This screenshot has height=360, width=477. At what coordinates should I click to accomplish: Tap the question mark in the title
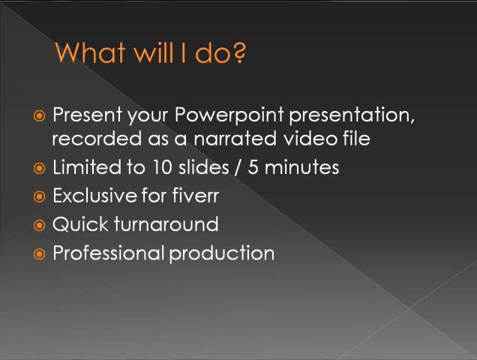click(x=239, y=53)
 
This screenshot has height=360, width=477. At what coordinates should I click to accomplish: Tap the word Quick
click(x=76, y=224)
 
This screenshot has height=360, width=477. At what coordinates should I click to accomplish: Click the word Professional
click(x=108, y=253)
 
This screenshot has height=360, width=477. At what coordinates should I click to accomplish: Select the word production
click(x=222, y=253)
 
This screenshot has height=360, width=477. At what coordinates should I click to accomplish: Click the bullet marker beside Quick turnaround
click(x=40, y=225)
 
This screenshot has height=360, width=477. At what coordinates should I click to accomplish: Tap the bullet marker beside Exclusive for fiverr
click(x=40, y=196)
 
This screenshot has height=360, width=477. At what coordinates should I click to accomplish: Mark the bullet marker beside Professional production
click(x=40, y=253)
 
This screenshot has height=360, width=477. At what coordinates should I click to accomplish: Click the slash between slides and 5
click(x=238, y=167)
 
